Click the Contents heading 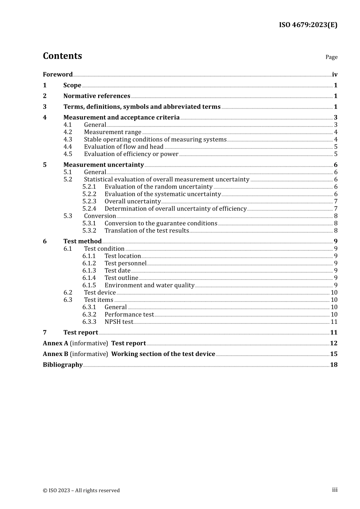pyautogui.click(x=62, y=56)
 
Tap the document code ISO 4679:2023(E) pyautogui.click(x=308, y=25)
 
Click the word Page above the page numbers pyautogui.click(x=331, y=57)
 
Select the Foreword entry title pyautogui.click(x=58, y=75)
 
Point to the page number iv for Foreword pyautogui.click(x=335, y=75)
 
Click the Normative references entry pyautogui.click(x=97, y=96)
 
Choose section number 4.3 pyautogui.click(x=68, y=139)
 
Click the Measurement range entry pyautogui.click(x=113, y=132)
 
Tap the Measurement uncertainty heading pyautogui.click(x=103, y=165)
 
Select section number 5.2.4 pyautogui.click(x=89, y=209)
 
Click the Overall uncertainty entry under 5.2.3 pyautogui.click(x=133, y=201)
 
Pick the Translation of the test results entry pyautogui.click(x=147, y=231)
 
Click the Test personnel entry pyautogui.click(x=125, y=263)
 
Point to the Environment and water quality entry pyautogui.click(x=149, y=285)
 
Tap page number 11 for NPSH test pyautogui.click(x=334, y=322)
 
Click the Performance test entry pyautogui.click(x=129, y=314)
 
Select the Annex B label pyautogui.click(x=56, y=354)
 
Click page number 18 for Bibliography pyautogui.click(x=334, y=365)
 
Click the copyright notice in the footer pyautogui.click(x=81, y=490)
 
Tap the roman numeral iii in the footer pyautogui.click(x=335, y=490)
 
